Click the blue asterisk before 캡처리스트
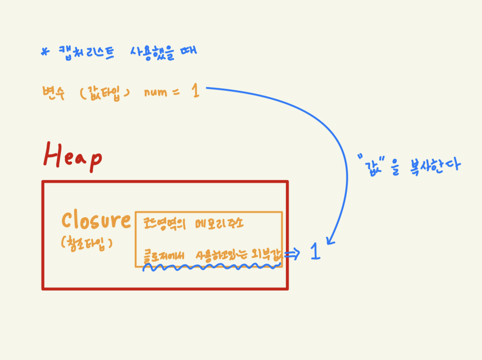[44, 52]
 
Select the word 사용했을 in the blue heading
[151, 51]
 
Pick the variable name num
[155, 93]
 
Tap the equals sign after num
[176, 93]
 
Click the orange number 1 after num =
[196, 91]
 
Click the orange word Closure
[96, 221]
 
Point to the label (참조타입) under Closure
[87, 243]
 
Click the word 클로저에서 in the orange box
[165, 255]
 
